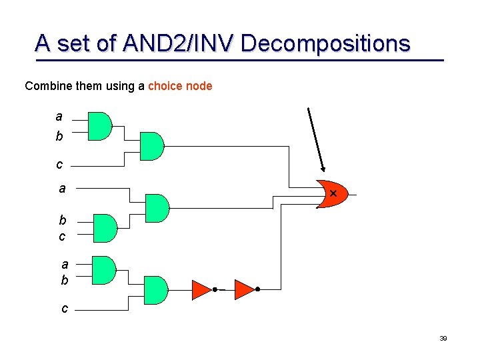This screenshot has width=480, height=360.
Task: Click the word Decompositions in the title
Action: tap(325, 43)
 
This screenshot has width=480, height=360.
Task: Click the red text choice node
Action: tap(180, 86)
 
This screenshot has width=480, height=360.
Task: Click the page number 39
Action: tap(443, 339)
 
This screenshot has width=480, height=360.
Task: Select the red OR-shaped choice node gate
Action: tap(330, 194)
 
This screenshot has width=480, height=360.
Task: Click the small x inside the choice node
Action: tap(333, 193)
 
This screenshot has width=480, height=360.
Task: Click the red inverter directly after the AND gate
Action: tap(201, 289)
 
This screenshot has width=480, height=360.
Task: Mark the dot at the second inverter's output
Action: tap(257, 289)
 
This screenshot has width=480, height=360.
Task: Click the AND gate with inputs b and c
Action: tap(104, 228)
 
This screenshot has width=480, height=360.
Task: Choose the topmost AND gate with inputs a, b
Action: tap(100, 126)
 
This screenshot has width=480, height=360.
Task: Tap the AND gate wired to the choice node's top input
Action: tap(152, 146)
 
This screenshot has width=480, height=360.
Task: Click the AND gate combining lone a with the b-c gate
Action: tap(157, 208)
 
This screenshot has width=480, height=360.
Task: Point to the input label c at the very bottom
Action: tap(64, 309)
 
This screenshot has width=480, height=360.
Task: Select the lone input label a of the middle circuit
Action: tap(62, 189)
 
